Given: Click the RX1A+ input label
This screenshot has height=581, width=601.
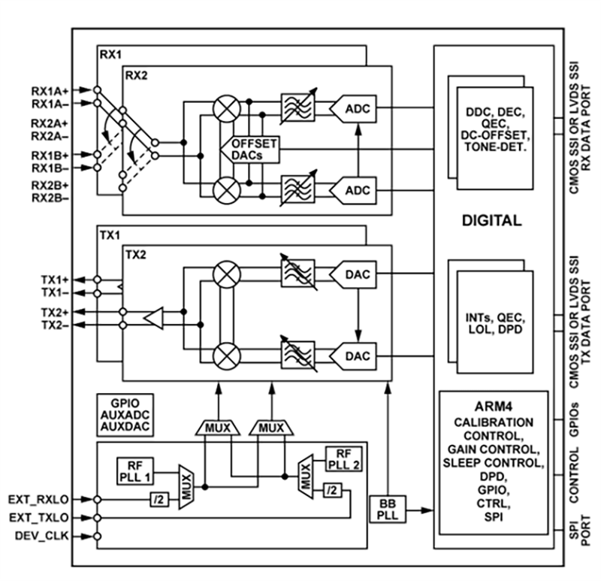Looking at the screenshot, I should pos(50,89).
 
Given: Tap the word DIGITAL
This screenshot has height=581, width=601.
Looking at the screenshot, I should pos(492,221).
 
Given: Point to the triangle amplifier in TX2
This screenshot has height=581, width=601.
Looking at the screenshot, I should pos(154,318).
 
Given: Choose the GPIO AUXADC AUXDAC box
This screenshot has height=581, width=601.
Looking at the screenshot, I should pos(123,414).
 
